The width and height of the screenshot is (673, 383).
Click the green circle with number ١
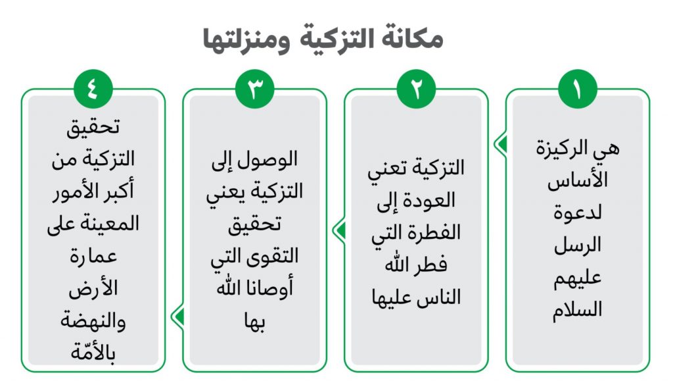578,89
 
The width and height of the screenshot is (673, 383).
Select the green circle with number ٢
416,89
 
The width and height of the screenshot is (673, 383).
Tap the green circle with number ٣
254,89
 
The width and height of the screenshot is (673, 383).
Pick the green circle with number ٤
93,89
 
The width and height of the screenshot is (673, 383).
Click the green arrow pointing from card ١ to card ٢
500,144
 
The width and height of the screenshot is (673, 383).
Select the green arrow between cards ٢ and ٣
339,231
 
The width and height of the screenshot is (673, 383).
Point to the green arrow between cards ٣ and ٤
177,317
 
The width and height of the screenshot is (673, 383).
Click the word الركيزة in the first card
563,149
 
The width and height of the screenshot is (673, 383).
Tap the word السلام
577,309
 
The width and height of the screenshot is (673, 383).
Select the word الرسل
577,245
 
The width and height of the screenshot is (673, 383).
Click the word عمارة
93,256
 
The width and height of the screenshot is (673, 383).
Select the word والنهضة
93,320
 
